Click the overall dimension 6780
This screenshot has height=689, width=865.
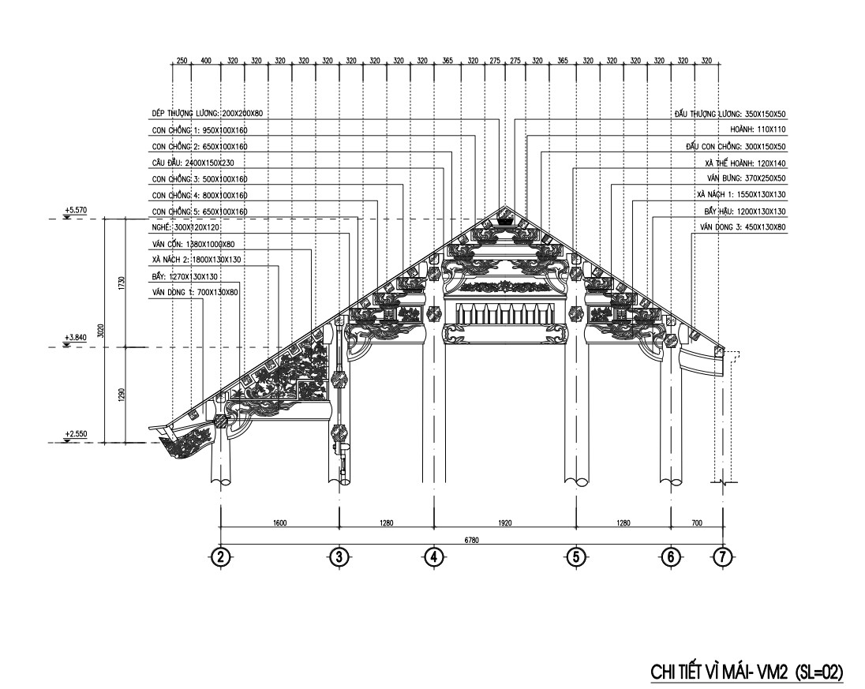click(471, 540)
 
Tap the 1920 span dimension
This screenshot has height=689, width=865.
click(504, 522)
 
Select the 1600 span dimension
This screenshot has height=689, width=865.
click(279, 522)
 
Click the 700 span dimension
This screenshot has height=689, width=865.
click(696, 522)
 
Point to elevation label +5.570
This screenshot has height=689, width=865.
click(76, 210)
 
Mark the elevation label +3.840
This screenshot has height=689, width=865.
click(76, 338)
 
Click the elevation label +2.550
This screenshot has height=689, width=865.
click(76, 433)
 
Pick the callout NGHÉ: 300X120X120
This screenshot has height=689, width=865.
click(185, 227)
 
